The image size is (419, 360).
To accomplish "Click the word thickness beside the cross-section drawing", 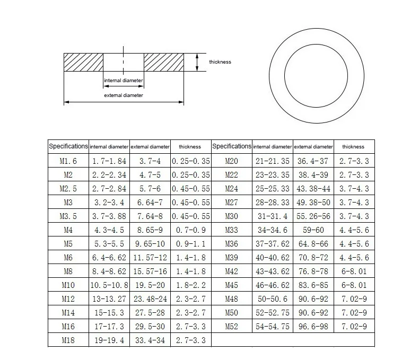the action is (x=220, y=62).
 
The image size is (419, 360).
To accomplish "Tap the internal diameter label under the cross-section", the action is (x=124, y=81).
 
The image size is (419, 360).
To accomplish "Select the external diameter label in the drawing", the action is (x=124, y=95).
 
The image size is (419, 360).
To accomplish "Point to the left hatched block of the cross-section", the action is (x=83, y=62).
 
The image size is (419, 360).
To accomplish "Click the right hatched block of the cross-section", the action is (x=164, y=62).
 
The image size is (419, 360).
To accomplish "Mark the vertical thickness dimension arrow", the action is (x=197, y=62).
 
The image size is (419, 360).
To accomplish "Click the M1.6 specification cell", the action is (x=68, y=161).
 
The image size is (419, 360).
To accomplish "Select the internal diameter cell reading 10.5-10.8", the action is (x=109, y=285).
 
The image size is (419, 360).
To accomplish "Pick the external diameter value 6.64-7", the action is (x=150, y=203).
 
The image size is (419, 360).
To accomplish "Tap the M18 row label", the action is (x=68, y=340).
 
